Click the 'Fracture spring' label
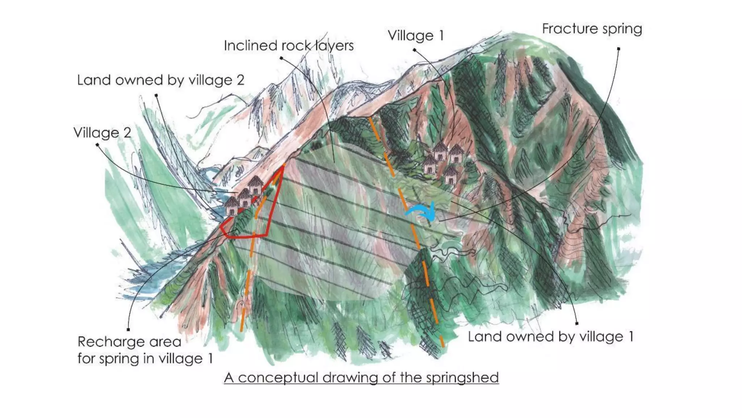[592, 29]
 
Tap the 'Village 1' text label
[416, 36]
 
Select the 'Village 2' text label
[102, 133]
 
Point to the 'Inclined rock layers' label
[288, 46]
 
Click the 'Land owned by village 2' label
[161, 80]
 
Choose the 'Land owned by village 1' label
[550, 337]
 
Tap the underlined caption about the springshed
[361, 378]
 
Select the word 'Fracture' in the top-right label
[570, 29]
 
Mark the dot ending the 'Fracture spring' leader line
[618, 49]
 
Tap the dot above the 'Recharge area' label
[128, 329]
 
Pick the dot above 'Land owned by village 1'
[576, 323]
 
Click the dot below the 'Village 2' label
[97, 145]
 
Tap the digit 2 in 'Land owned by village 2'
[240, 80]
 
